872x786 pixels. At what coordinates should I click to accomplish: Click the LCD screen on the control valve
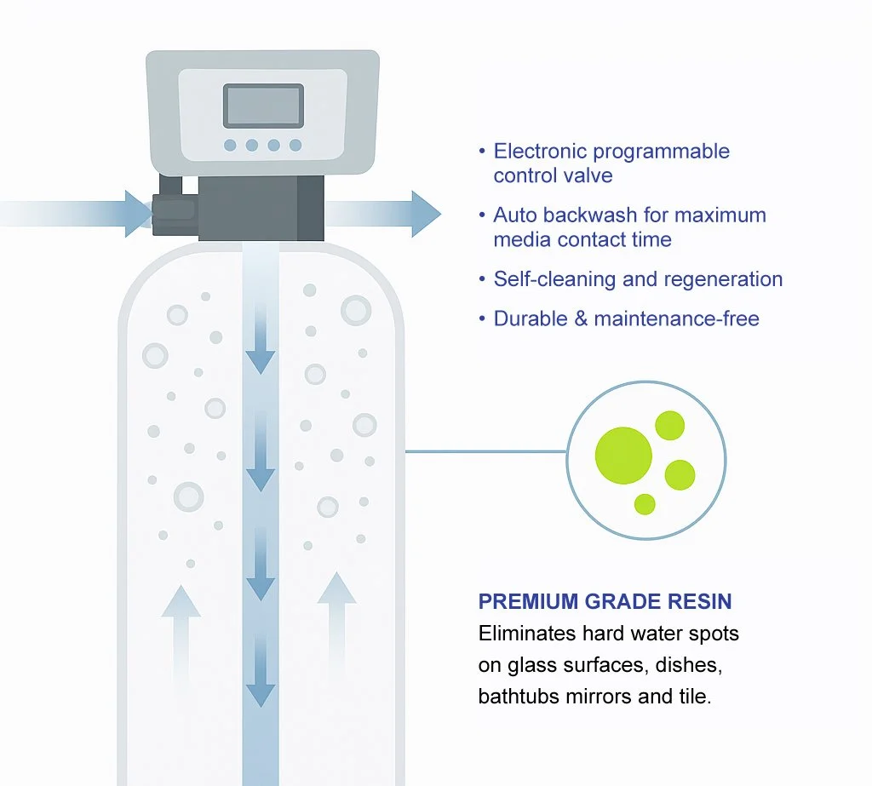263,106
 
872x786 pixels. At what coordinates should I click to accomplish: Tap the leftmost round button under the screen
230,146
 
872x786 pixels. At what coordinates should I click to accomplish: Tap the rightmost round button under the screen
295,146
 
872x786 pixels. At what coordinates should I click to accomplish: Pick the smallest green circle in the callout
645,503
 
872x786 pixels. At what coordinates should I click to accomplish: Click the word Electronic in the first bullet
539,152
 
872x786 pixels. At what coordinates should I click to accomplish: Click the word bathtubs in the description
513,697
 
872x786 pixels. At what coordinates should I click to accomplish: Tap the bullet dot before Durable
481,319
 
